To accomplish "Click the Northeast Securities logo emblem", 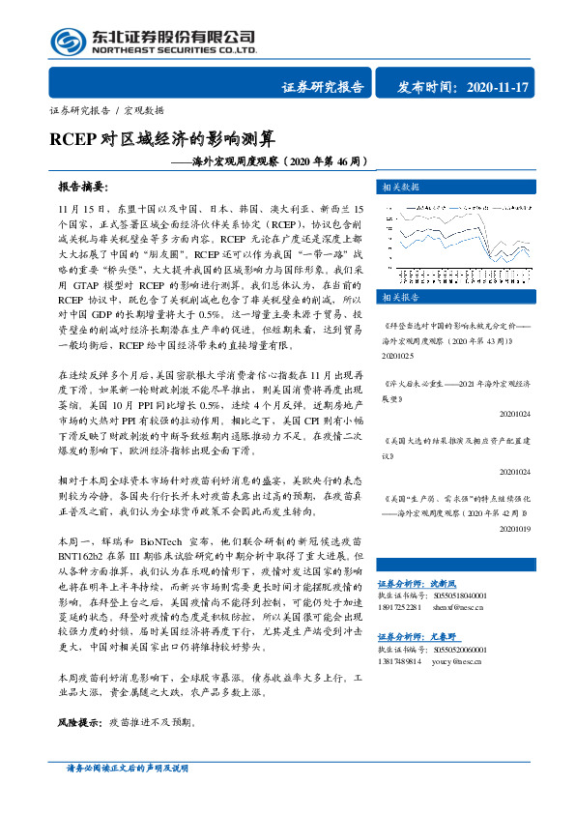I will (66, 41).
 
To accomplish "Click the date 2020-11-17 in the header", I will (497, 87).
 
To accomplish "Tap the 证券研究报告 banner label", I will (323, 87).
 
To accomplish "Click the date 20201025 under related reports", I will (397, 355).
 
